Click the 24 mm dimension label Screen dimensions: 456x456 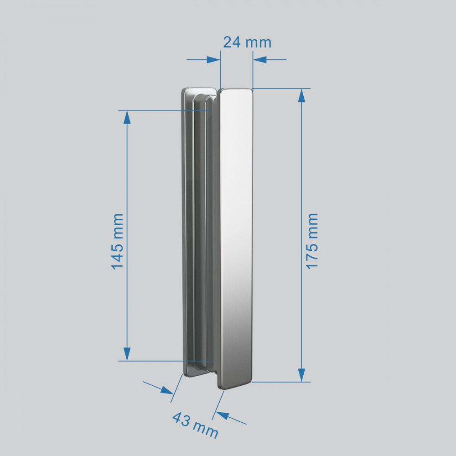click(x=247, y=42)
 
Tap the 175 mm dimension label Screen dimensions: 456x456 click(x=312, y=241)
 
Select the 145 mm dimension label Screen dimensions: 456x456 click(x=118, y=241)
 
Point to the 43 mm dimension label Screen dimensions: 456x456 click(x=195, y=425)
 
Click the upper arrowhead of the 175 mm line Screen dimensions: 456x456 click(x=301, y=96)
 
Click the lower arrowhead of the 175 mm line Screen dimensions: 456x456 click(x=301, y=375)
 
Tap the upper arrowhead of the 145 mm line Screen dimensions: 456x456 click(x=127, y=117)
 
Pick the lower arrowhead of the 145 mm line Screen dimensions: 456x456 click(x=127, y=354)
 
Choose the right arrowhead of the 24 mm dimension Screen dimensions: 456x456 click(x=260, y=60)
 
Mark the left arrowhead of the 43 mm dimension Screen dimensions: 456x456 click(x=167, y=390)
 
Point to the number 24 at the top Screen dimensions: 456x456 click(x=232, y=42)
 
